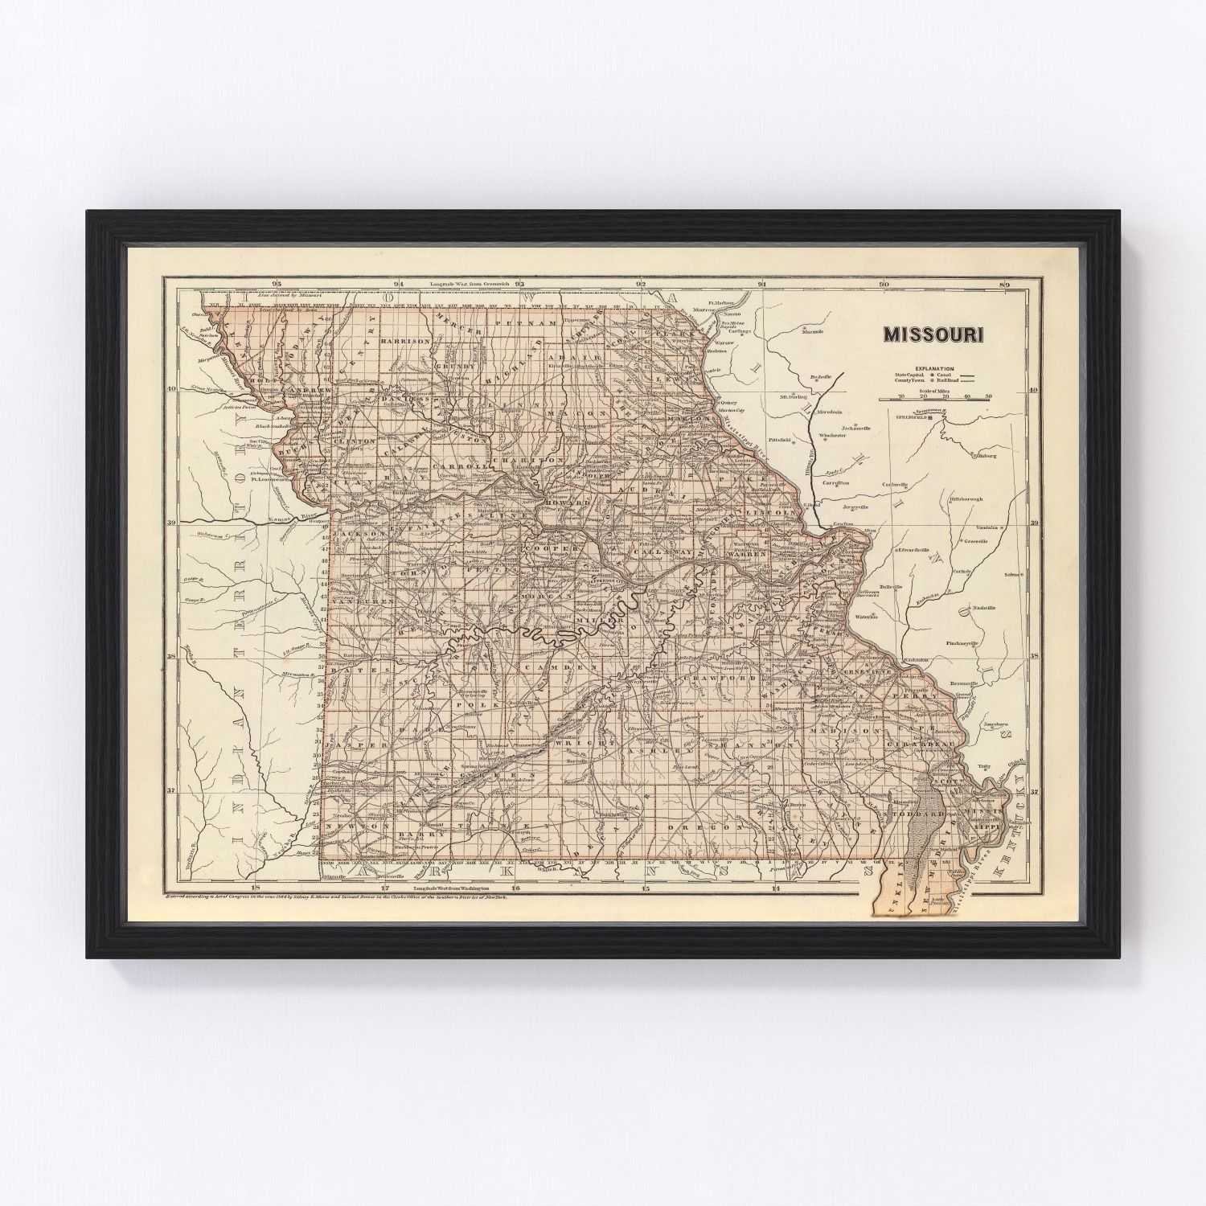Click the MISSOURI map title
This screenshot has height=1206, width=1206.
933,334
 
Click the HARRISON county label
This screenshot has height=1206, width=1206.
406,341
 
